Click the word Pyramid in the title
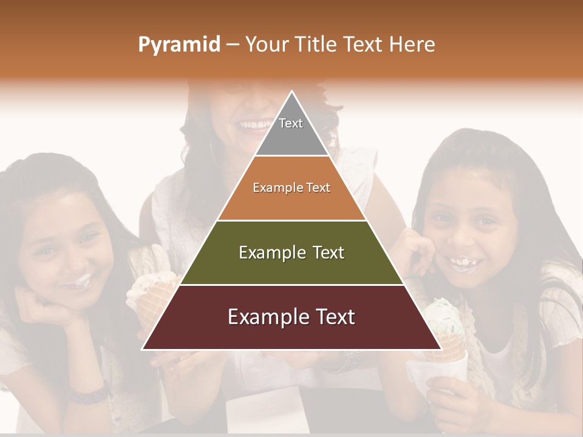179,45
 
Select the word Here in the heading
412,45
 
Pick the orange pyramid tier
291,188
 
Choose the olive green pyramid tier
291,252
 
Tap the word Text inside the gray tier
291,123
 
